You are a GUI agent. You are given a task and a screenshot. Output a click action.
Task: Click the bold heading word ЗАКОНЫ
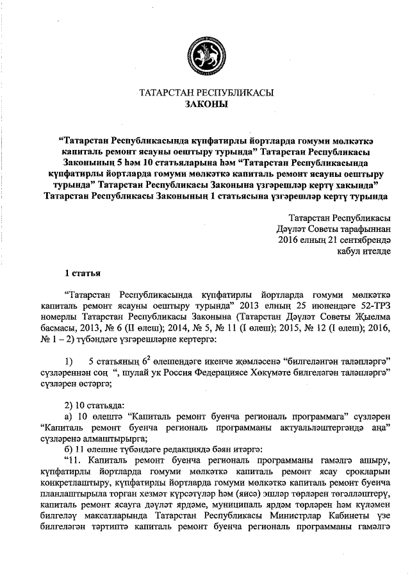(x=206, y=104)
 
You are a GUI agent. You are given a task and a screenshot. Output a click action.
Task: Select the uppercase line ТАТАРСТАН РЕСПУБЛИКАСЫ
(x=206, y=92)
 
